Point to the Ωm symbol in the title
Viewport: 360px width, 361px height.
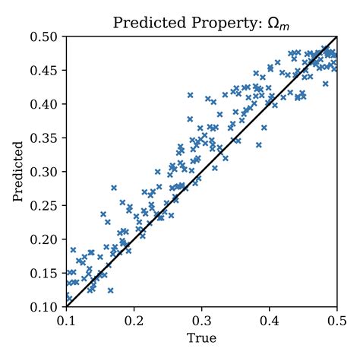point(278,24)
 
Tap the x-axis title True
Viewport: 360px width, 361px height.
point(202,335)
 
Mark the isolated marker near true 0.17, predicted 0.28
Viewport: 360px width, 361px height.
point(114,187)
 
